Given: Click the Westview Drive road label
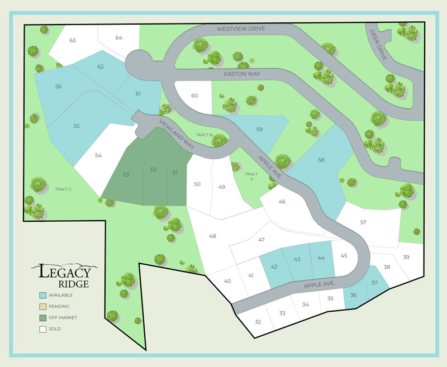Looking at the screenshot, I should point(241,28).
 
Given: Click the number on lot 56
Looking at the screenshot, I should point(59,87).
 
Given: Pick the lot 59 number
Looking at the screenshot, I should point(259,130).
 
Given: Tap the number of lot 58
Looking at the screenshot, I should point(321,160).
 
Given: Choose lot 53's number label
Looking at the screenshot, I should point(126,175).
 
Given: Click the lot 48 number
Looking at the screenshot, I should point(212,236).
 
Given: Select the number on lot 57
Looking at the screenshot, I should point(363,222).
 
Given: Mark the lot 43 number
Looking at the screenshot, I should point(297,259).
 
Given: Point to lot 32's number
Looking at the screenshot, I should point(258,322).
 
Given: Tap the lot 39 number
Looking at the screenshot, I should point(406,257).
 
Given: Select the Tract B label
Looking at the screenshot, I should point(204,135).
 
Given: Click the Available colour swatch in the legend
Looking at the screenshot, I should point(42,295).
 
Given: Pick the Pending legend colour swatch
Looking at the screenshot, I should point(42,306).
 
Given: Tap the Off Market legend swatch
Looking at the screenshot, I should point(42,317).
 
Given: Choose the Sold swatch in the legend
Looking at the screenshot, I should point(42,329).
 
